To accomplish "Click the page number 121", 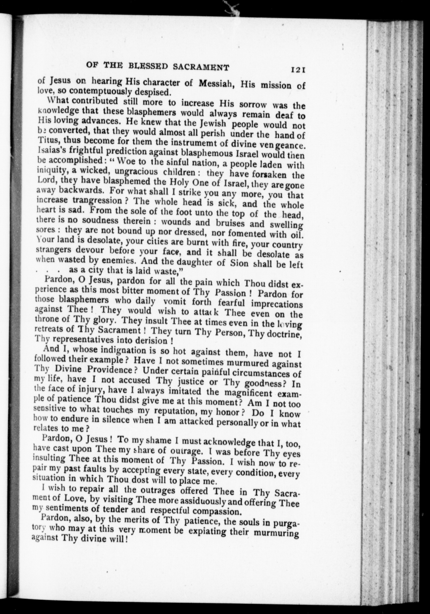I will point(298,70).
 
